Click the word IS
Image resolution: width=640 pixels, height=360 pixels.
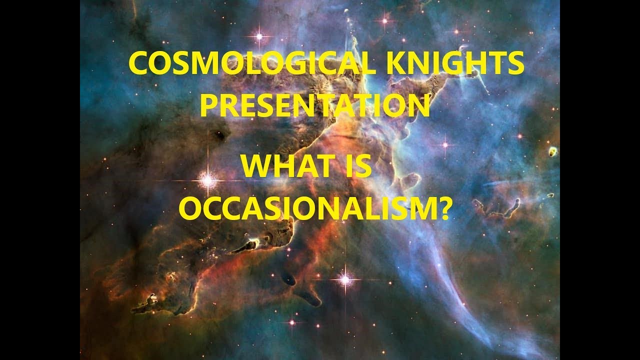(357, 166)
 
